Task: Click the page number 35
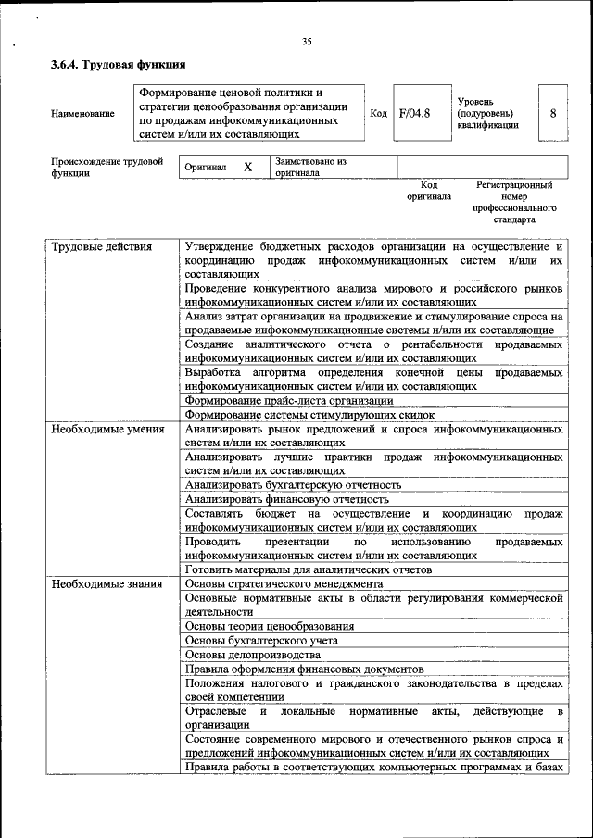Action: [x=307, y=40]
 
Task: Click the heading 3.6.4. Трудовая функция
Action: [x=119, y=65]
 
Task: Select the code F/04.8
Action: [x=414, y=114]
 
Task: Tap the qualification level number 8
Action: [x=552, y=114]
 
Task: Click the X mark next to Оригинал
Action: [x=247, y=168]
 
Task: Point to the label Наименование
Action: [x=83, y=114]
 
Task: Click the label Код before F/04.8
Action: [x=378, y=114]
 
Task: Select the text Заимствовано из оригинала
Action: [x=309, y=167]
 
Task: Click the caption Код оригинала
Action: [x=428, y=191]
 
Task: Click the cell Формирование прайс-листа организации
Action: [x=288, y=400]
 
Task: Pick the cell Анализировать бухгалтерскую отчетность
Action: [x=293, y=484]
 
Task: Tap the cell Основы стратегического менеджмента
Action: [x=284, y=584]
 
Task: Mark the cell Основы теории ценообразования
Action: [x=269, y=626]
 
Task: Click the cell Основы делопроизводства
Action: [x=253, y=654]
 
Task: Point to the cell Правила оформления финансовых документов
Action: [x=304, y=668]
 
